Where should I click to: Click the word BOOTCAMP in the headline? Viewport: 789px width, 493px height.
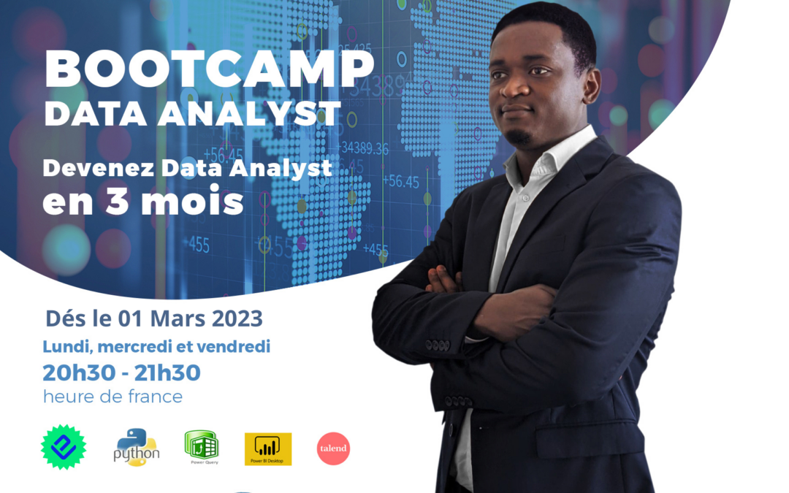[x=210, y=70]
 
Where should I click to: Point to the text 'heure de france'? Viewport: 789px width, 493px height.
[x=113, y=397]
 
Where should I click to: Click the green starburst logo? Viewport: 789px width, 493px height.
[x=64, y=447]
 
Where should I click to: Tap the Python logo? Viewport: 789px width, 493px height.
[x=137, y=447]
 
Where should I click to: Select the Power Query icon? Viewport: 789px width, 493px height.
[x=202, y=446]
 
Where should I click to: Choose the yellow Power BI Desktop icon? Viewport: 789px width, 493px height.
[x=268, y=448]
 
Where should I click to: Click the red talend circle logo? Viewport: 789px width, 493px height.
[x=333, y=448]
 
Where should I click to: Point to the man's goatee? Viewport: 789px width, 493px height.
[x=519, y=137]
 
